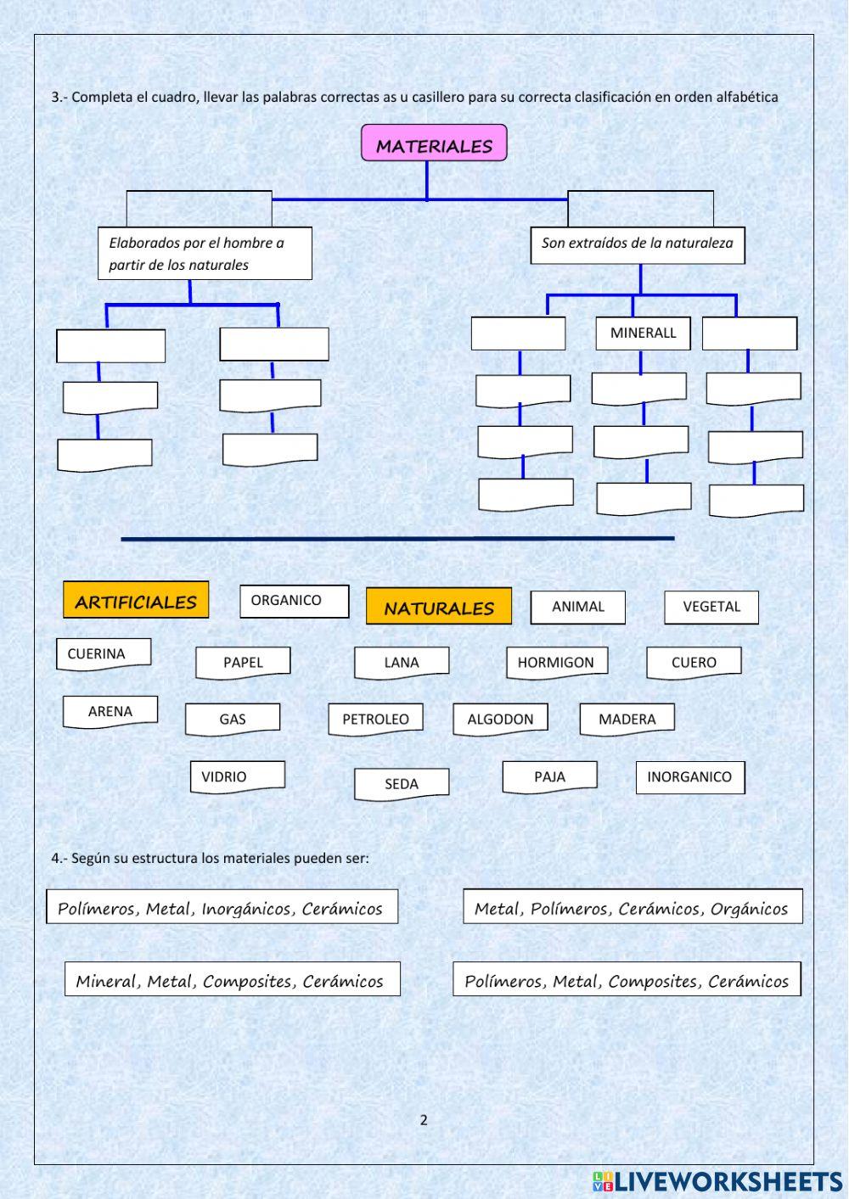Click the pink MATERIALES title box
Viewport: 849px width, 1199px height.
[434, 143]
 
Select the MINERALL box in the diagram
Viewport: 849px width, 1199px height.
[643, 333]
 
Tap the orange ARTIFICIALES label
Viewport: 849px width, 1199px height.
[136, 601]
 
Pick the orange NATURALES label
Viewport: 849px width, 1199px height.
[438, 607]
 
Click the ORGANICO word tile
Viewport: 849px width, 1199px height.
[294, 601]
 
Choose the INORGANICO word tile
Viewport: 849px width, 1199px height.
[689, 776]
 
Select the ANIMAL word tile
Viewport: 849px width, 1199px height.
[577, 607]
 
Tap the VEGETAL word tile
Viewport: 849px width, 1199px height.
[711, 607]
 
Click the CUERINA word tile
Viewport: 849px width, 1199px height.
[103, 653]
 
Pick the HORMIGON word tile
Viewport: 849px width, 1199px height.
[556, 663]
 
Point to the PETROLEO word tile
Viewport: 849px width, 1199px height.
[375, 719]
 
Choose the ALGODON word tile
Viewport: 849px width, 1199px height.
[500, 719]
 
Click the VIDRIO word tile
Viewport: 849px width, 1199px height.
[237, 776]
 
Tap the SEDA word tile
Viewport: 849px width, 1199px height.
[401, 783]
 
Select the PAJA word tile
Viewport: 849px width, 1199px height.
[549, 776]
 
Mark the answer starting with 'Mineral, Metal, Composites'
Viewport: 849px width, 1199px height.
[232, 980]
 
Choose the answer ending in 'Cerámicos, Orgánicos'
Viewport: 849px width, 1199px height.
[632, 907]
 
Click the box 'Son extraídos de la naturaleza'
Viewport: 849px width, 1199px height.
[638, 244]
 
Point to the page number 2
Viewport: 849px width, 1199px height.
[424, 1120]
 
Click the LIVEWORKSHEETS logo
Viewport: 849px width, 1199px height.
[717, 1181]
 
